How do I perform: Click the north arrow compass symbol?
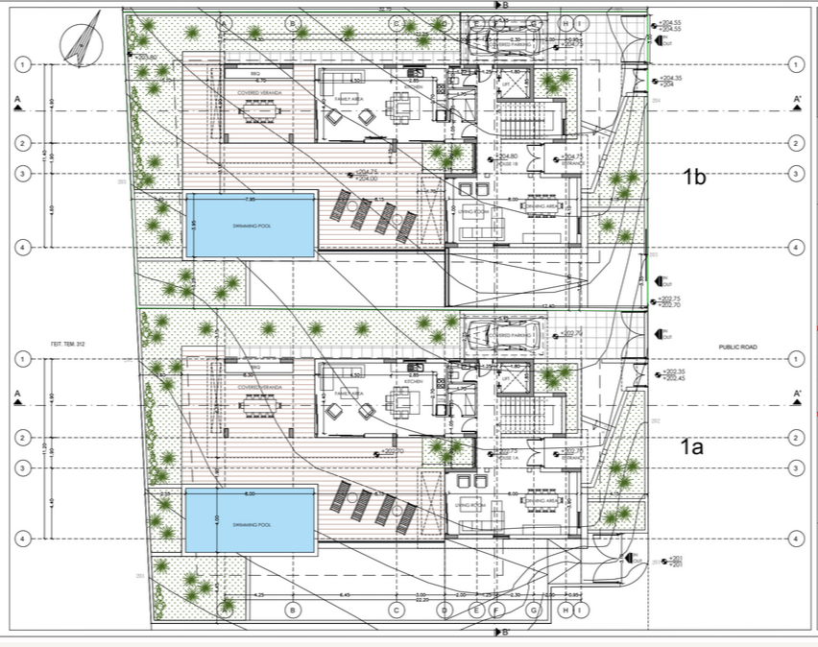tap(80, 39)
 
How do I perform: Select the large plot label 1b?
tap(694, 177)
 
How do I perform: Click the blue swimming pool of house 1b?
tap(251, 225)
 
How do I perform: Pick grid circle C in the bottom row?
tap(394, 610)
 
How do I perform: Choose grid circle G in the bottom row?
tap(534, 610)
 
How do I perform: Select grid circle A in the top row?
tap(224, 22)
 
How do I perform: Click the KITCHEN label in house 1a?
tap(414, 381)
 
